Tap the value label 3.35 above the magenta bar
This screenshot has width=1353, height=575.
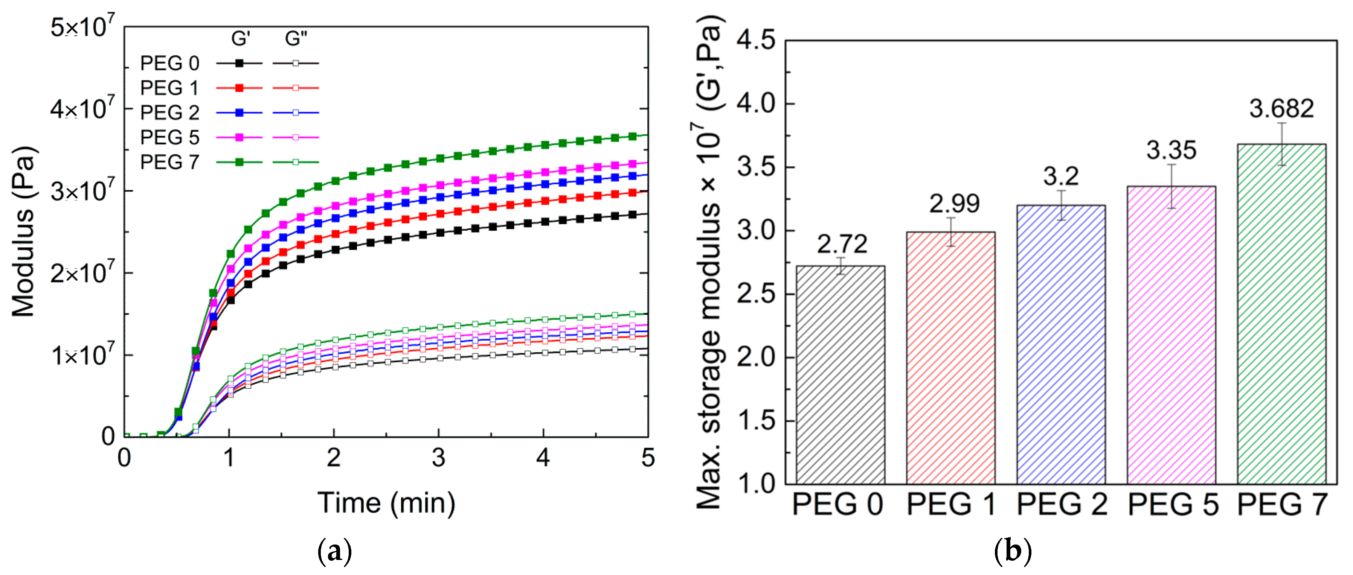(1171, 150)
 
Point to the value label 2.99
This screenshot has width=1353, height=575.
(954, 204)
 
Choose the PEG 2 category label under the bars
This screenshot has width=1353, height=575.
(1062, 504)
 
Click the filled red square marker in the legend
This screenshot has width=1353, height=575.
(239, 88)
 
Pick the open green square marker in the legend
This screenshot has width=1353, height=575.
(295, 162)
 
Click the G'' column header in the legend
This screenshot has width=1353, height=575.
(296, 38)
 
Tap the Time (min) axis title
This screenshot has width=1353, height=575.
(386, 503)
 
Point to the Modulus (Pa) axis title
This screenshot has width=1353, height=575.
(24, 231)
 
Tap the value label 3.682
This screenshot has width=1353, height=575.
(1281, 109)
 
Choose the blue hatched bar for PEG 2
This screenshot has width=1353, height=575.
(1060, 344)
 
